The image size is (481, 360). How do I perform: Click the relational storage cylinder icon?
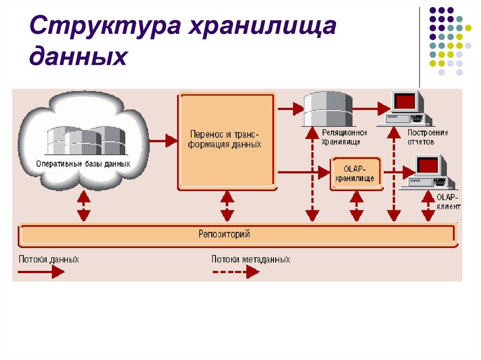(x=327, y=108)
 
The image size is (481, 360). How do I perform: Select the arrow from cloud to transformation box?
(x=162, y=140)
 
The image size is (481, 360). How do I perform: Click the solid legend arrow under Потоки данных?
(x=42, y=271)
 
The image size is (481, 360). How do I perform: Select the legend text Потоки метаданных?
(x=250, y=259)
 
